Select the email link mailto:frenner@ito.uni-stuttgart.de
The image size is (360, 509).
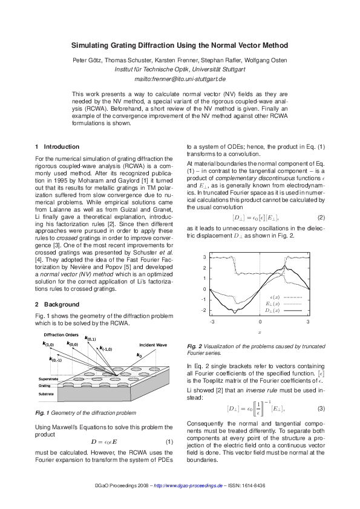pyautogui.click(x=180, y=79)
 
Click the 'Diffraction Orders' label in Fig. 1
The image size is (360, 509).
pyautogui.click(x=61, y=335)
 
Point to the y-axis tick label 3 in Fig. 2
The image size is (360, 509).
pyautogui.click(x=204, y=257)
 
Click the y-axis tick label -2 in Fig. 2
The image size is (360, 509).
pyautogui.click(x=203, y=310)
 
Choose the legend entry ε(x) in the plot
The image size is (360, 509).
pyautogui.click(x=274, y=298)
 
